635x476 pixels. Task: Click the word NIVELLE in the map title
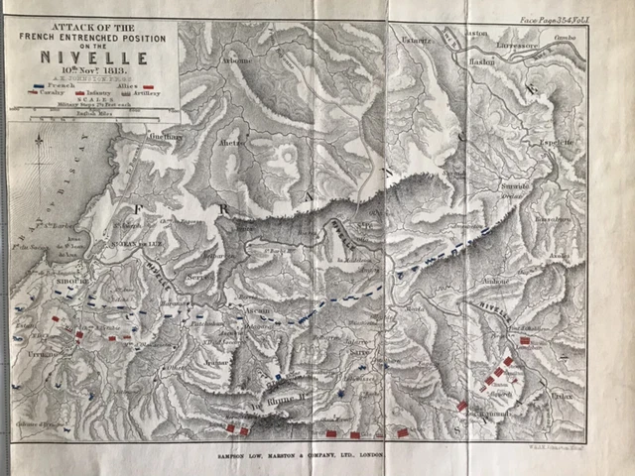click(91, 59)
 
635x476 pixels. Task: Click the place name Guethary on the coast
click(166, 136)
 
